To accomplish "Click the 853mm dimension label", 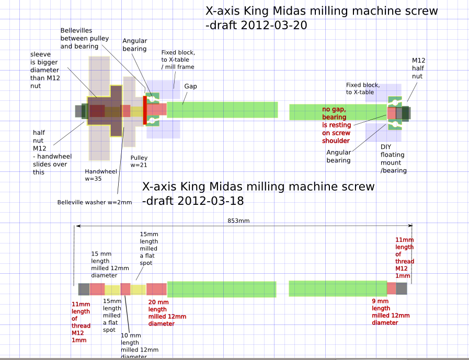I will [239, 220].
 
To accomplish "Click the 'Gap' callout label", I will [190, 86].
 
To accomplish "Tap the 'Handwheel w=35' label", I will [101, 175].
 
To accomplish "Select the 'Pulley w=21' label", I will [139, 161].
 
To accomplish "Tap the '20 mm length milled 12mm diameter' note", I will [167, 312].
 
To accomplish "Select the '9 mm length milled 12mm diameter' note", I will [391, 312].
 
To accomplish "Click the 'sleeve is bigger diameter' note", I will [45, 70].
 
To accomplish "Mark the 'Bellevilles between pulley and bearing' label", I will [79, 39].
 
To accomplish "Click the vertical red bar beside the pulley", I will [145, 110].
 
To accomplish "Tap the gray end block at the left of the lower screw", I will [84, 289].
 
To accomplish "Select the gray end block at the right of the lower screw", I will [402, 288].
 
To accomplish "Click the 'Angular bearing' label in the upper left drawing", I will [134, 44].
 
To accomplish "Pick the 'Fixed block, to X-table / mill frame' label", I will [178, 60].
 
